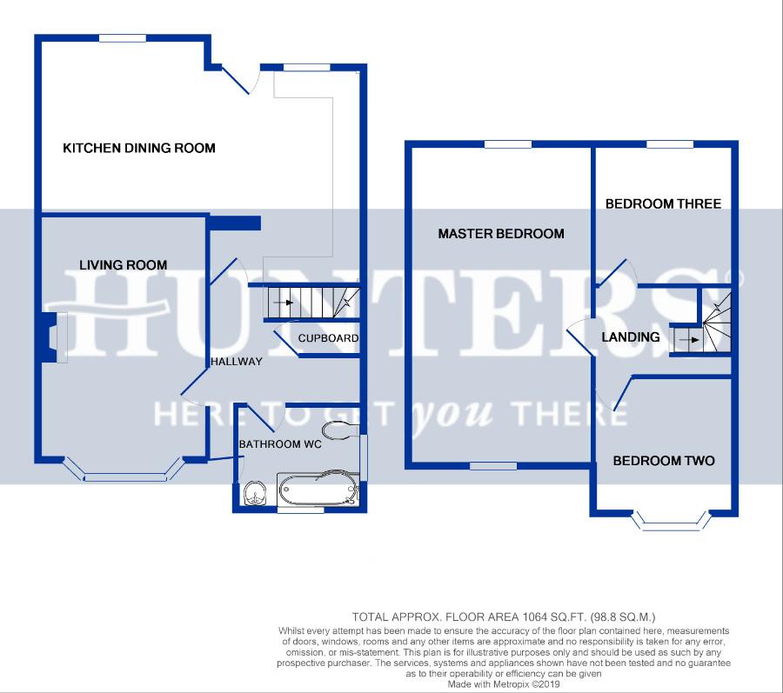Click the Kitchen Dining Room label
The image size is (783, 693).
tap(139, 148)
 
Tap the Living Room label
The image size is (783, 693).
tap(124, 265)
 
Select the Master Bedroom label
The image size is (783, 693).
tap(501, 234)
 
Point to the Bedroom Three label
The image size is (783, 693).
tap(663, 203)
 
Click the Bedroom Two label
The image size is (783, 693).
tap(664, 461)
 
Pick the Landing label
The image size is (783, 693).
tap(630, 337)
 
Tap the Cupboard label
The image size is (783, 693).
tap(328, 338)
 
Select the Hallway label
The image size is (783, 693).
tap(236, 362)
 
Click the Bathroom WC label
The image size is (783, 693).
tap(280, 444)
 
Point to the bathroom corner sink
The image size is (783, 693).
tap(256, 494)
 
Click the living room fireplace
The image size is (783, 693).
tap(51, 337)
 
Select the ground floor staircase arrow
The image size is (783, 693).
tap(283, 303)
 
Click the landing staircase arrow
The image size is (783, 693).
tap(690, 340)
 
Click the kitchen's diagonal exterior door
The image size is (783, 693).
tap(235, 80)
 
